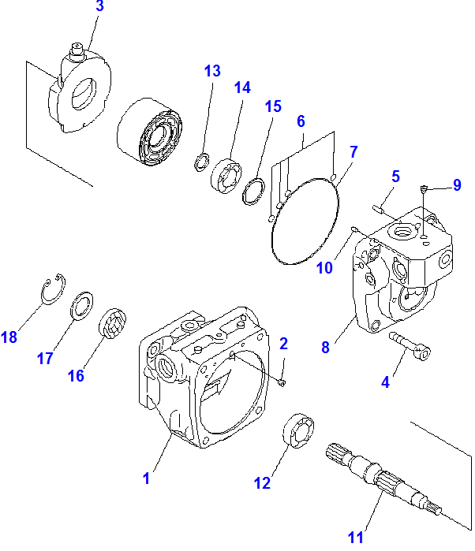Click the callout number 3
coord(99,7)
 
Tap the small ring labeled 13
coord(201,163)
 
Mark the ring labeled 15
coord(254,192)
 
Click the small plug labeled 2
coord(282,383)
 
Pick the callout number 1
coord(147,478)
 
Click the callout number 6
coord(301,121)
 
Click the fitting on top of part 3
coord(78,52)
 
